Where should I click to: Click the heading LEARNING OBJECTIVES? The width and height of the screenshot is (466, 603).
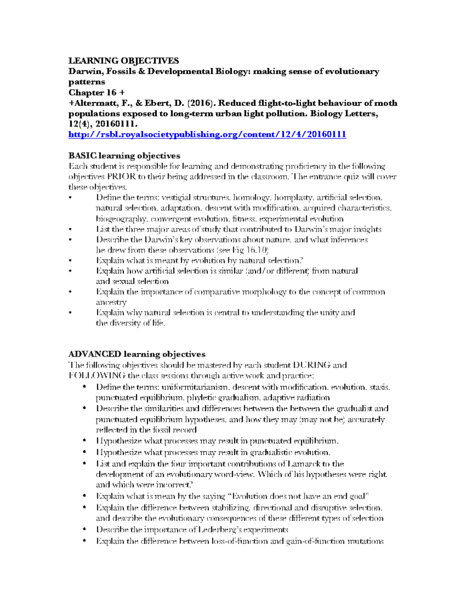123,61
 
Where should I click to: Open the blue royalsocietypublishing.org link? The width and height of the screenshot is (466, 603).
207,134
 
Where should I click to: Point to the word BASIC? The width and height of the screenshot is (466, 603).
82,156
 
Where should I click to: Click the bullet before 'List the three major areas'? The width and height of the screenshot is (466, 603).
70,229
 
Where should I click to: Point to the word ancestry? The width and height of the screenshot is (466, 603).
111,302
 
